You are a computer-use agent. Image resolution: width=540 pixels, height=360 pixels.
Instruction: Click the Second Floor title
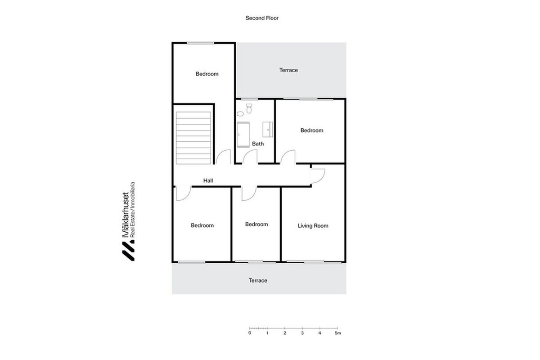(x=262, y=18)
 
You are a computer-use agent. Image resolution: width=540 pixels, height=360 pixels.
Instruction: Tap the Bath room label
(x=258, y=144)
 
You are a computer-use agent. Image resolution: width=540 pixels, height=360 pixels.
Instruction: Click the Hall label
(x=208, y=180)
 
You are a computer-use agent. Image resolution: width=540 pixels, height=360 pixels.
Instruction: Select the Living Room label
(x=313, y=226)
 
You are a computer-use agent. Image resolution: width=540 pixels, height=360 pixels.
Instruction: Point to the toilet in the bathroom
(x=249, y=108)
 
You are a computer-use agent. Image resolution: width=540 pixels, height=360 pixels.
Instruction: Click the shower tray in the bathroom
(x=243, y=135)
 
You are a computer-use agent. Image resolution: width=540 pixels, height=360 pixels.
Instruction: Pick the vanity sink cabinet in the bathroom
(x=268, y=130)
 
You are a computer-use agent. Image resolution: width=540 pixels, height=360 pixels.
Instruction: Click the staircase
(x=193, y=138)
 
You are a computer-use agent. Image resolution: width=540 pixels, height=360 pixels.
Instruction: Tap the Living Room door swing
(x=318, y=176)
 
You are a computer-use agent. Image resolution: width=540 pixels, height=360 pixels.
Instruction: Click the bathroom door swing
(x=250, y=157)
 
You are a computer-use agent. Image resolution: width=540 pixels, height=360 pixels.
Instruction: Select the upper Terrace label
(x=288, y=70)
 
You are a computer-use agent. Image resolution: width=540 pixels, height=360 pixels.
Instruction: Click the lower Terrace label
(x=258, y=280)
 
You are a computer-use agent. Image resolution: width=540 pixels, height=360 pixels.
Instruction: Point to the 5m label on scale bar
(x=338, y=333)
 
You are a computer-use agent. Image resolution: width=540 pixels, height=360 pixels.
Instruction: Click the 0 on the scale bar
(x=249, y=333)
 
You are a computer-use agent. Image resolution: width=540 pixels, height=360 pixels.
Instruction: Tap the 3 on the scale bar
(x=302, y=333)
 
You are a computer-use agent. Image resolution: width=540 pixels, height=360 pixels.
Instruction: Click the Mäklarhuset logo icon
(x=128, y=252)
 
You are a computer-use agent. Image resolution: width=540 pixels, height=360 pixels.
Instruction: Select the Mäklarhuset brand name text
(x=126, y=215)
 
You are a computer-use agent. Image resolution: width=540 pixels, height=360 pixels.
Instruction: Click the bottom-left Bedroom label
(x=202, y=225)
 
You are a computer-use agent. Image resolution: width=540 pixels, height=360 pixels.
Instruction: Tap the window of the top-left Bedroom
(x=200, y=43)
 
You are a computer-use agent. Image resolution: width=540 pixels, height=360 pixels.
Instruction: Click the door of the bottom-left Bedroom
(x=184, y=193)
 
